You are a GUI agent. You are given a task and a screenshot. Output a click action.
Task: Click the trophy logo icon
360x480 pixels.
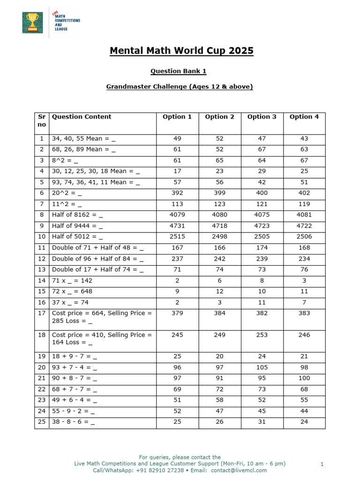point(32,22)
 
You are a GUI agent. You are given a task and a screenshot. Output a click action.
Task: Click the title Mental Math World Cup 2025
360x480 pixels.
point(181,51)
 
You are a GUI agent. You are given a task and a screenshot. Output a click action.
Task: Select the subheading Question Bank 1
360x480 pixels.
point(178,71)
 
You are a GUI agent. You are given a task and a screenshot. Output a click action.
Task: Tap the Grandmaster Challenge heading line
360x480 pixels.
point(180,87)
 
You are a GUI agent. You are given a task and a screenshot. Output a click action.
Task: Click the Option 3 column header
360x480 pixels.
point(262,117)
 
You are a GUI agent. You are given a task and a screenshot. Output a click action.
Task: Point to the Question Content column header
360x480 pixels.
point(82,117)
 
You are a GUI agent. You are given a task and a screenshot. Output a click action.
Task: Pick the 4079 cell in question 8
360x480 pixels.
point(177,215)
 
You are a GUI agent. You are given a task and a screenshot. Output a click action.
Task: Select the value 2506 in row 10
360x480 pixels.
point(304,237)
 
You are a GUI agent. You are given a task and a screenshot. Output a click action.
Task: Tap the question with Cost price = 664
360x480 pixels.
point(102,317)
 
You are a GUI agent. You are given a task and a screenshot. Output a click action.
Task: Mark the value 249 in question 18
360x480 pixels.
point(219,335)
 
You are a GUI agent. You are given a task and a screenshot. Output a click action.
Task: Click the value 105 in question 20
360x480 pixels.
point(262,367)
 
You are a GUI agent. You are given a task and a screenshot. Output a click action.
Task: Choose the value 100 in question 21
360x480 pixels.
point(304,378)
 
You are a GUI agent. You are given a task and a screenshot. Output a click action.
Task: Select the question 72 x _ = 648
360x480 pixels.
point(72,291)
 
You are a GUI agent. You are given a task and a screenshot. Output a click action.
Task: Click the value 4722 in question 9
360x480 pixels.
point(304,226)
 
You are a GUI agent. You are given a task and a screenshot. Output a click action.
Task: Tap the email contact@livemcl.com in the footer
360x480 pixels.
point(239,470)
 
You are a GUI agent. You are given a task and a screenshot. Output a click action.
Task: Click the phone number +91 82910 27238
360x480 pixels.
point(157,470)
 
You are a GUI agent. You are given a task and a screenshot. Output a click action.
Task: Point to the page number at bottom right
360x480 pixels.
point(322,464)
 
